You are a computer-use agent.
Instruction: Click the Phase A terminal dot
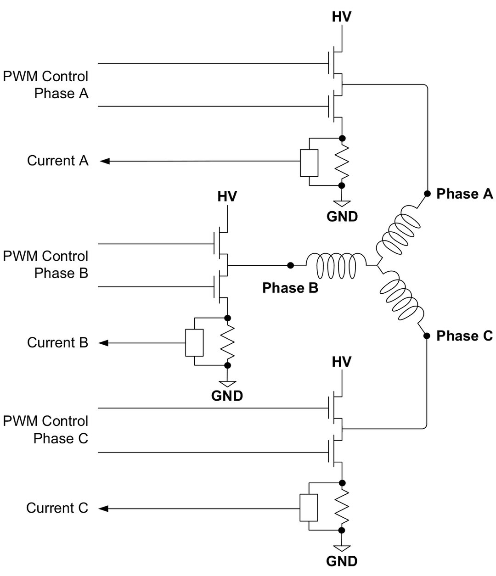click(x=427, y=194)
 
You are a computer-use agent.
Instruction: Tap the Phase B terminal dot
click(x=290, y=265)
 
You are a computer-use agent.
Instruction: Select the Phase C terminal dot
click(x=427, y=336)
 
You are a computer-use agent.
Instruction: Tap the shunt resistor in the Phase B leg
click(x=227, y=341)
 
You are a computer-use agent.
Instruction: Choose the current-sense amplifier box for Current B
click(x=194, y=343)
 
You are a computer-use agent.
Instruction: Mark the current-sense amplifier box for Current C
click(x=309, y=508)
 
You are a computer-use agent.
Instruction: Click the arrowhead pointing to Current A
click(x=104, y=161)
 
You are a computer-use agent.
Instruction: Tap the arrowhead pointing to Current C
click(x=104, y=508)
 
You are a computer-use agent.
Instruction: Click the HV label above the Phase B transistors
click(x=227, y=196)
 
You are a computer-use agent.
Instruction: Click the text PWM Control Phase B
click(x=45, y=264)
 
